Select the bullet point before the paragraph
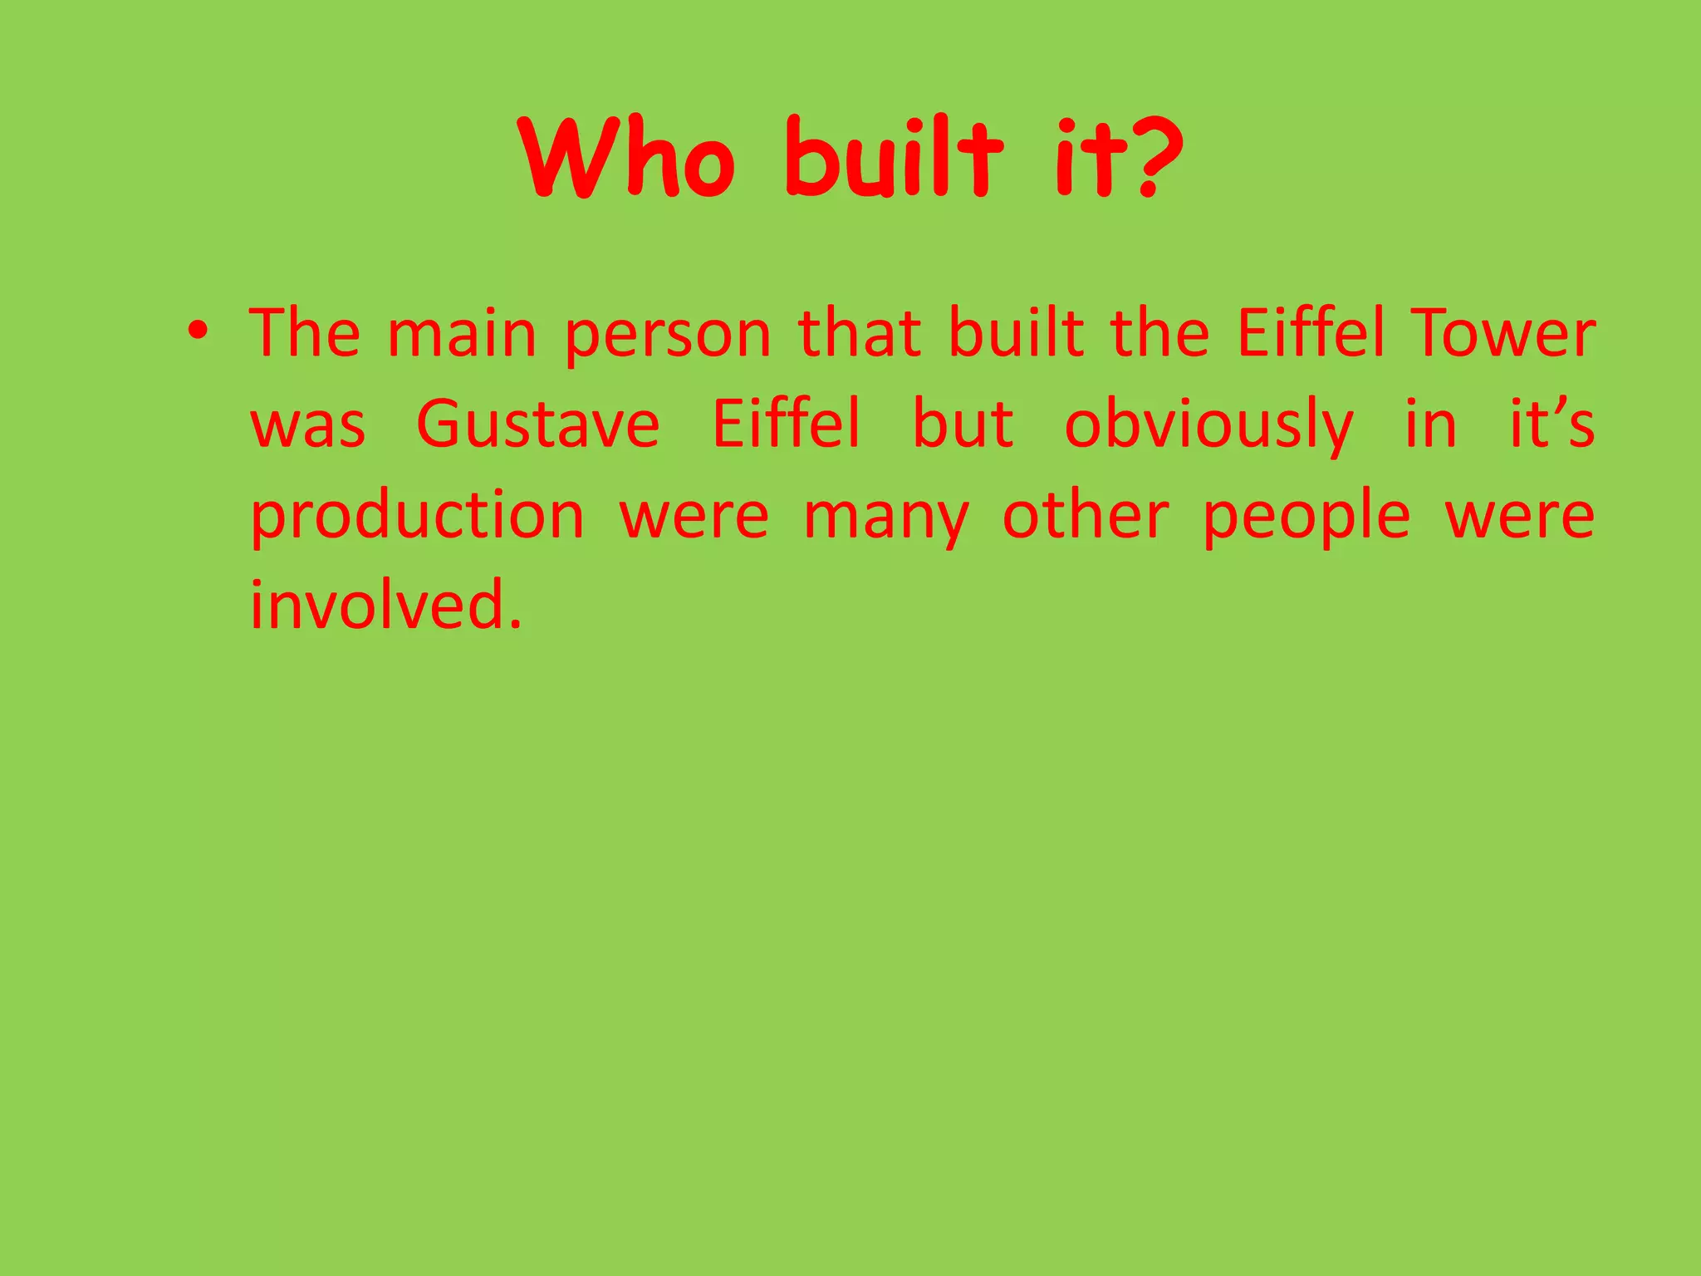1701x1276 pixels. coord(197,332)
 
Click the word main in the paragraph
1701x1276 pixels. coord(463,334)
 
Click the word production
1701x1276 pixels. coord(418,517)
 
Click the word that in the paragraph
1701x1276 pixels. coord(859,334)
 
